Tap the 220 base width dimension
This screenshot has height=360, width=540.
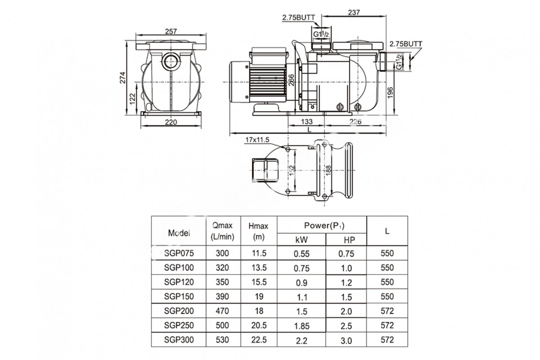171,122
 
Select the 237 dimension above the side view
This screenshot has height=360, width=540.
354,13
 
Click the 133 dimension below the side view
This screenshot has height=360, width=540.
306,121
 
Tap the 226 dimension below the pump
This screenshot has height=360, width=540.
355,121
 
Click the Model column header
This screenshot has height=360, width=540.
179,233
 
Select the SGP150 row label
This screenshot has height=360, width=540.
179,297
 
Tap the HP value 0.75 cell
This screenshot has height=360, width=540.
346,253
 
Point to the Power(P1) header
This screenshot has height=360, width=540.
322,225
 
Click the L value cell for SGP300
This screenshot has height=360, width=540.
387,340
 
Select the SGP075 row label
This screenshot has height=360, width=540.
179,253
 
